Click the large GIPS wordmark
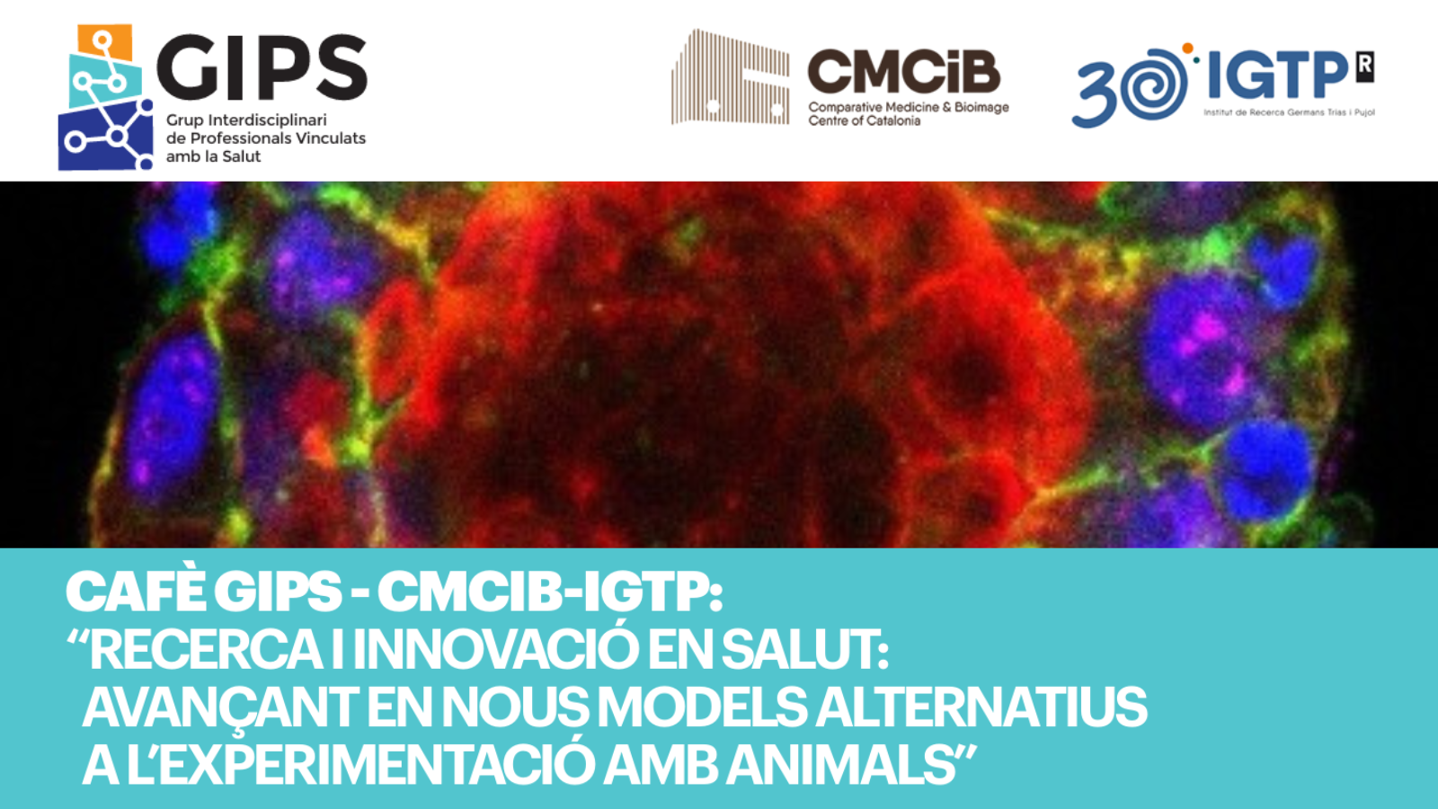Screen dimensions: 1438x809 [262, 67]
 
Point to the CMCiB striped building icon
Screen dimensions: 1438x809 [731, 77]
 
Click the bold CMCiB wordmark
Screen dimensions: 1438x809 [903, 71]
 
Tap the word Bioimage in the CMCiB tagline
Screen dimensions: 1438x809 [981, 108]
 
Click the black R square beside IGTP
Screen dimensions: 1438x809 [1365, 67]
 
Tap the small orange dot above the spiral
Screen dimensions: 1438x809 [1187, 49]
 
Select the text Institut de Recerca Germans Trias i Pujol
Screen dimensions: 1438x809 [1289, 113]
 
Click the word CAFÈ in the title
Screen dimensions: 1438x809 [134, 591]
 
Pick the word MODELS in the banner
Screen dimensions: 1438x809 [702, 707]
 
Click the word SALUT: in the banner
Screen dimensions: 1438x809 [805, 650]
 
